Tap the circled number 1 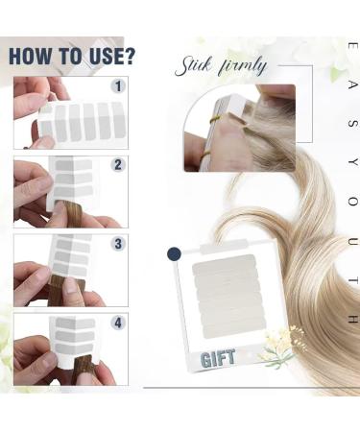[118, 86]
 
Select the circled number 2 [118, 164]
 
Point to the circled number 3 [118, 243]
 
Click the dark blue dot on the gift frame [174, 253]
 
